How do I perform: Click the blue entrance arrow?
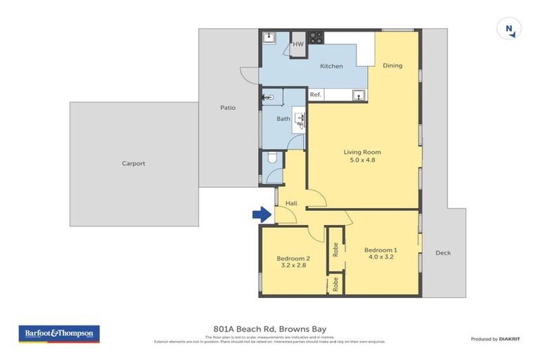click(x=261, y=214)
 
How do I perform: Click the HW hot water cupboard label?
click(x=297, y=44)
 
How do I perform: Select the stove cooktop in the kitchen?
click(x=316, y=37)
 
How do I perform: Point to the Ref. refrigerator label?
click(x=316, y=95)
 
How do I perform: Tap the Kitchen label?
click(x=331, y=66)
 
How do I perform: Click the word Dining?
click(x=392, y=66)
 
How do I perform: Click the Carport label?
click(x=134, y=164)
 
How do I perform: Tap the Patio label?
click(x=227, y=108)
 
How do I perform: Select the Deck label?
click(x=442, y=253)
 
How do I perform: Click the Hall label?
click(x=291, y=203)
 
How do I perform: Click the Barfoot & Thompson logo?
click(x=59, y=334)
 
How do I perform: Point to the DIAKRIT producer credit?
click(x=505, y=339)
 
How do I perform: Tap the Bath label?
click(x=283, y=119)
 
